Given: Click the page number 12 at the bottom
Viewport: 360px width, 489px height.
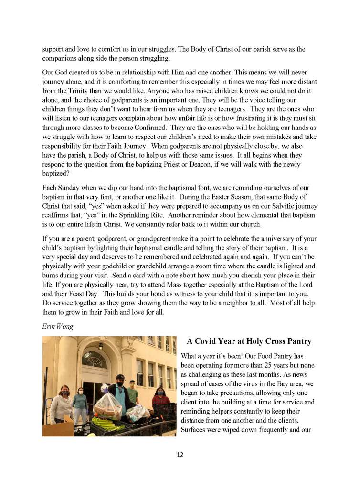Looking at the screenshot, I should (x=180, y=454).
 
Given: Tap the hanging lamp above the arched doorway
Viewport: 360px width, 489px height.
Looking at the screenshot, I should (x=101, y=346).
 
